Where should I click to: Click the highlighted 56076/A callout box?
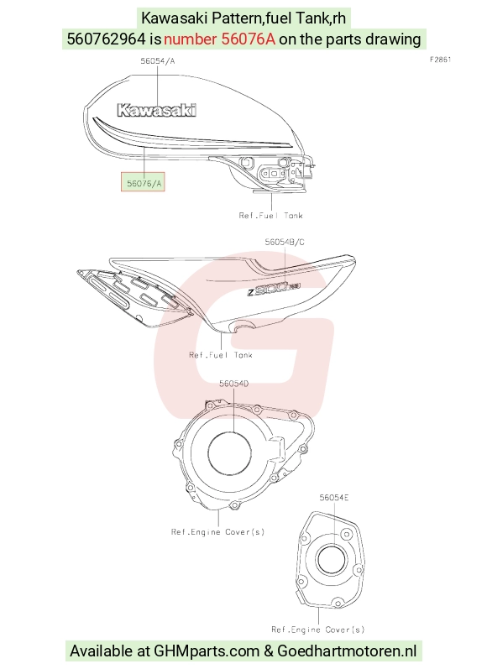tap(143, 182)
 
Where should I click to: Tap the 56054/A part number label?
tap(158, 61)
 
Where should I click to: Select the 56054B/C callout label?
tap(285, 242)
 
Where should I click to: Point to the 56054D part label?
tap(234, 384)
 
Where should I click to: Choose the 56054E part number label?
tap(334, 498)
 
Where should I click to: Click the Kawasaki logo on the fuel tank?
tap(157, 110)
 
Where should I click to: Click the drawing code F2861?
tap(440, 60)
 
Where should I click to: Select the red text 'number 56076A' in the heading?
tap(219, 39)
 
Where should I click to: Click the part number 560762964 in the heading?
tap(107, 39)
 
